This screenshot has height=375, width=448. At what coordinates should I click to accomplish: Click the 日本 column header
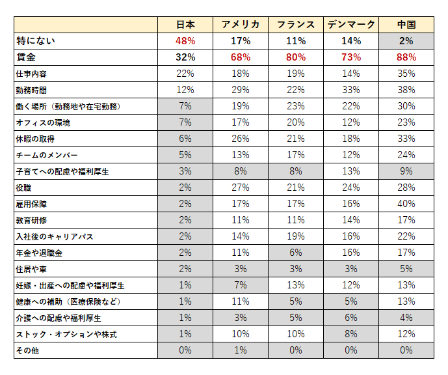(x=185, y=25)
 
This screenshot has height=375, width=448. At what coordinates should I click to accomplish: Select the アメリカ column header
(x=241, y=25)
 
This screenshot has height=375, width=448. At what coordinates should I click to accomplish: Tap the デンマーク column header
(x=351, y=25)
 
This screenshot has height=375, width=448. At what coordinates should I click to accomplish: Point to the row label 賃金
(x=26, y=57)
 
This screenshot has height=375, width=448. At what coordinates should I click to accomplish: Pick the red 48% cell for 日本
(x=185, y=40)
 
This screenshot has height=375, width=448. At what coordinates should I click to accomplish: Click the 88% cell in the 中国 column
(x=406, y=57)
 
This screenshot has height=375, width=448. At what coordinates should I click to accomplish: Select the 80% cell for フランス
(x=296, y=57)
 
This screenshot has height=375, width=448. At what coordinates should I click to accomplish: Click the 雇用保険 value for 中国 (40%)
(x=406, y=204)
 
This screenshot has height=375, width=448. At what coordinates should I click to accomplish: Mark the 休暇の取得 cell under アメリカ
(x=241, y=139)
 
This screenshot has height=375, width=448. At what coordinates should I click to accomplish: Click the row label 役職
(x=23, y=187)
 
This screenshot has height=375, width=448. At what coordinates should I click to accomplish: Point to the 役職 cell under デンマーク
(x=351, y=187)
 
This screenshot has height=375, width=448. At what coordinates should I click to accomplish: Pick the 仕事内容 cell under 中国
(x=406, y=73)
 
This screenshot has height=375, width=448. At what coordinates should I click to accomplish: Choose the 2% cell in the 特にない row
(x=406, y=40)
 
